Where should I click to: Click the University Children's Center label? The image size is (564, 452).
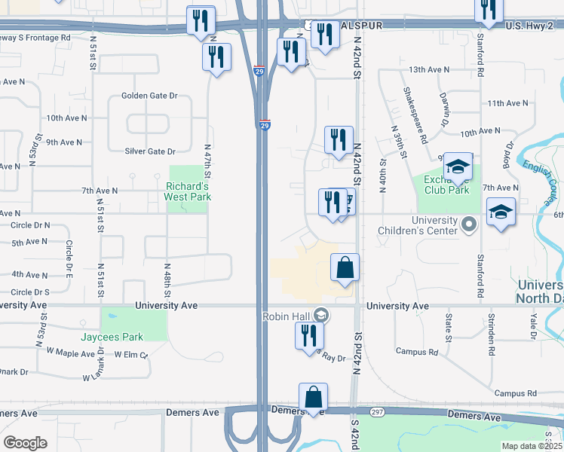[424, 225]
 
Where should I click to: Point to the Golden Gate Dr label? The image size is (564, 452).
[149, 96]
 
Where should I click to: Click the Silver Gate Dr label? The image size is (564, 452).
[151, 151]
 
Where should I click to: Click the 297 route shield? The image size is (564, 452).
[378, 411]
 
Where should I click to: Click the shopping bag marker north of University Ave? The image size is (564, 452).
[345, 268]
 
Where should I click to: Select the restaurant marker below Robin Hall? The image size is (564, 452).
[309, 336]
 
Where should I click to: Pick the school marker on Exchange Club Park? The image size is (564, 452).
[457, 168]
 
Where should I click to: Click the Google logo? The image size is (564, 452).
[26, 442]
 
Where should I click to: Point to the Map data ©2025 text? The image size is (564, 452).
[532, 446]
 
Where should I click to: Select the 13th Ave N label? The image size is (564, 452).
[428, 69]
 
